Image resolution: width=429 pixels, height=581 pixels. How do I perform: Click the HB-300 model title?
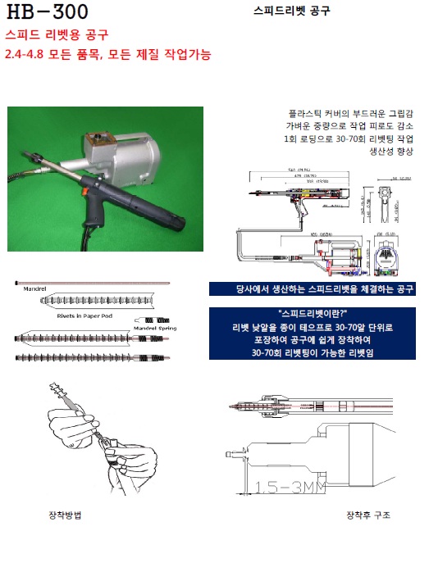tap(47, 11)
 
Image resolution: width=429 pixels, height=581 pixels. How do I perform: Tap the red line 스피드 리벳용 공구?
tap(57, 35)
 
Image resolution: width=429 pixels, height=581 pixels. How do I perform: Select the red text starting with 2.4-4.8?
tap(107, 55)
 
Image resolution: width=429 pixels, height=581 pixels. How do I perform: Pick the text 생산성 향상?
tap(390, 152)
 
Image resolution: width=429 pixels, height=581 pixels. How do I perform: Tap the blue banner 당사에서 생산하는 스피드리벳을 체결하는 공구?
tap(313, 289)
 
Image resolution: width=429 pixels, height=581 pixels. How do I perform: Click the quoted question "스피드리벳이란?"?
tap(313, 313)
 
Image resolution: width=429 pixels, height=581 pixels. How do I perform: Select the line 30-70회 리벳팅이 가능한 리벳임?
tap(313, 352)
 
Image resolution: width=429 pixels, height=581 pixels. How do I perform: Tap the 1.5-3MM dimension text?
tap(284, 488)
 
